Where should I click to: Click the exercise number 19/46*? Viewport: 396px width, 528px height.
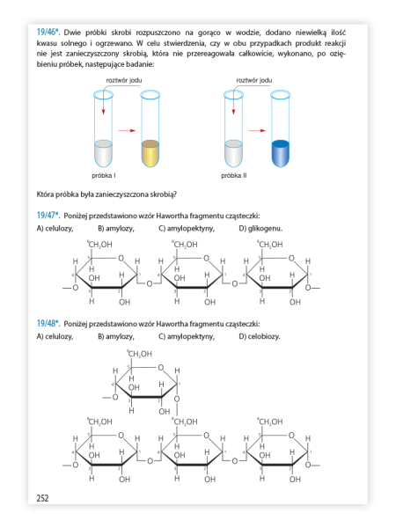pyautogui.click(x=48, y=33)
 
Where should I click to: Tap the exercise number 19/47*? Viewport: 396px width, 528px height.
pyautogui.click(x=48, y=216)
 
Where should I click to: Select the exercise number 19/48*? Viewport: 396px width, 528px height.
pyautogui.click(x=48, y=324)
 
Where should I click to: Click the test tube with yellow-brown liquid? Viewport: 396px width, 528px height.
pyautogui.click(x=150, y=128)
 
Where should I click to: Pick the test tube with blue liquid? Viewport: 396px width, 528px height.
pyautogui.click(x=280, y=128)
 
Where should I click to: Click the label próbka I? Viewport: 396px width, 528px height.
pyautogui.click(x=104, y=175)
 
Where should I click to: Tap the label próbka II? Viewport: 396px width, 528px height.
pyautogui.click(x=234, y=175)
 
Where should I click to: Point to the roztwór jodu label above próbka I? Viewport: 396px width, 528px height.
pyautogui.click(x=124, y=80)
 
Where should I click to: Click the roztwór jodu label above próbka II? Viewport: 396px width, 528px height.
pyautogui.click(x=254, y=80)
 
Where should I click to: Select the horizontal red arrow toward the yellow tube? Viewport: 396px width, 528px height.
pyautogui.click(x=127, y=130)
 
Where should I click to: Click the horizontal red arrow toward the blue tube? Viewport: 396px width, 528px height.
pyautogui.click(x=257, y=130)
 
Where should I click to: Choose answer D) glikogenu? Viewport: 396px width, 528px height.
pyautogui.click(x=260, y=229)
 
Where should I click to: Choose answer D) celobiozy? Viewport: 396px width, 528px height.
pyautogui.click(x=260, y=336)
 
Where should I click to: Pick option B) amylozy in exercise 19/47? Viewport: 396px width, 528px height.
pyautogui.click(x=116, y=229)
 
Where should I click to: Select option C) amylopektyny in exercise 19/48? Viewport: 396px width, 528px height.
pyautogui.click(x=187, y=336)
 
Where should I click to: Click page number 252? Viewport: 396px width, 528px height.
pyautogui.click(x=42, y=498)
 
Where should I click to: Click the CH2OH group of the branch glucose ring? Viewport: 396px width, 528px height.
pyautogui.click(x=139, y=354)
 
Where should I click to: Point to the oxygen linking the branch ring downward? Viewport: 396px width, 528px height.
pyautogui.click(x=177, y=399)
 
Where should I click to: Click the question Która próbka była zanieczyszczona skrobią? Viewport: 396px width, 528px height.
pyautogui.click(x=106, y=194)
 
